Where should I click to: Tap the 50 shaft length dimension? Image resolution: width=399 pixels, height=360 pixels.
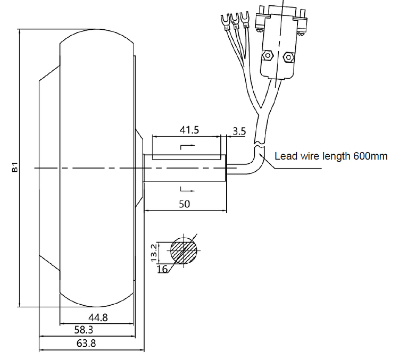[184, 204]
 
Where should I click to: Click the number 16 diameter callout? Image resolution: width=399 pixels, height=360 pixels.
[163, 270]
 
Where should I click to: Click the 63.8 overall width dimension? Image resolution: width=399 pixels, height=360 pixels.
[86, 344]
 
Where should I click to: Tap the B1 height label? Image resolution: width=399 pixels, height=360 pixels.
[15, 169]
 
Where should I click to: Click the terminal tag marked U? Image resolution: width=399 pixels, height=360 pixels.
[223, 22]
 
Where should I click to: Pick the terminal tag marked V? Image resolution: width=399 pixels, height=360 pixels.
[234, 20]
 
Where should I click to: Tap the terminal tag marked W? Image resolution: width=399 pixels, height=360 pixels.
[245, 19]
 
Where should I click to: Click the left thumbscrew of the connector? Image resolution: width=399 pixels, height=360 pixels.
[260, 22]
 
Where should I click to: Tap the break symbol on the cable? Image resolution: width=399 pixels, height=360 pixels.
[259, 144]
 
